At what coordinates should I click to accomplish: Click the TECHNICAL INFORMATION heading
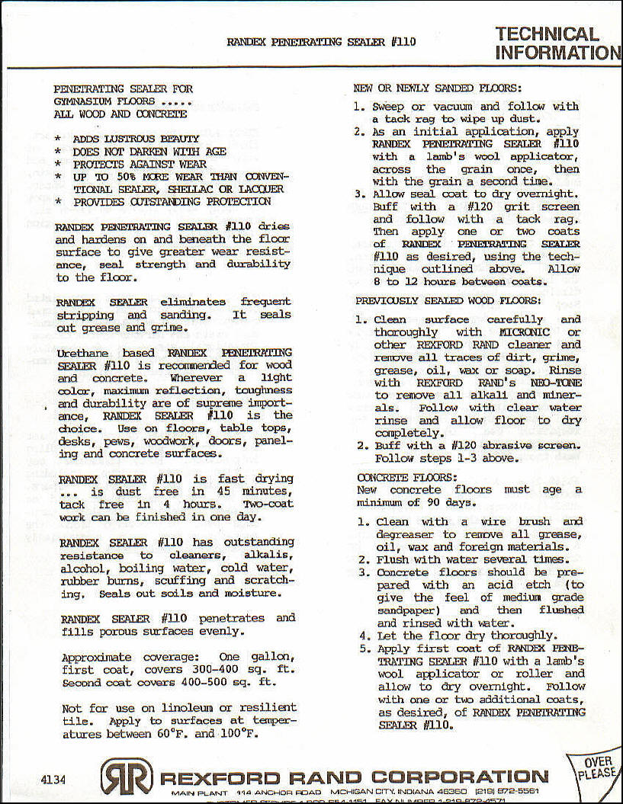tap(557, 43)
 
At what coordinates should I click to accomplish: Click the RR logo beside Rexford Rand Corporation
tap(126, 777)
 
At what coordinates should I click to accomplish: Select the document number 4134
tap(54, 779)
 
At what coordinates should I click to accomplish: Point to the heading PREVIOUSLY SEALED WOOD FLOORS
tap(448, 301)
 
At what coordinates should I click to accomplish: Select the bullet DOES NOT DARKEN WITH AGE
tap(149, 152)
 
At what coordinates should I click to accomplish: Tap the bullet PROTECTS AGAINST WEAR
tap(140, 164)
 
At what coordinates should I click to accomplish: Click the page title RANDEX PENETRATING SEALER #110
tap(321, 42)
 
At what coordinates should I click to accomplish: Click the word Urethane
tap(85, 353)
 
